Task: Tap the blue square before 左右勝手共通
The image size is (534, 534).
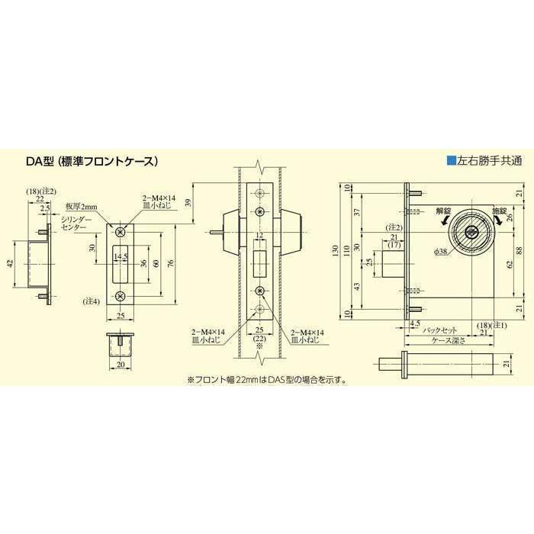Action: [x=451, y=161]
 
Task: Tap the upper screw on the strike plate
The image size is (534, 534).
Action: [x=119, y=227]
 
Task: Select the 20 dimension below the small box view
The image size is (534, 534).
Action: [x=120, y=365]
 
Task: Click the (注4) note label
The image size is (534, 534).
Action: [x=92, y=303]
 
